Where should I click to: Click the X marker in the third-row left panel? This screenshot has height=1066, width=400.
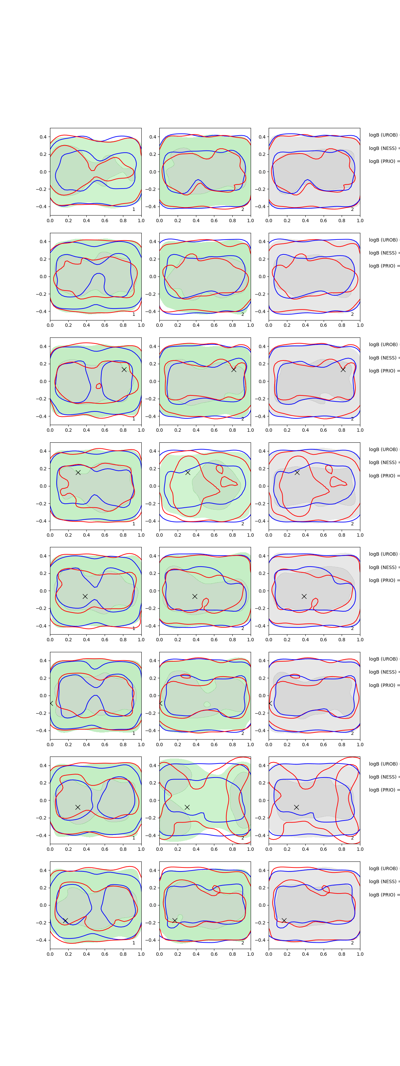click(x=124, y=369)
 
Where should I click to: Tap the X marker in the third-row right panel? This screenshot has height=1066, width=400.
click(x=343, y=369)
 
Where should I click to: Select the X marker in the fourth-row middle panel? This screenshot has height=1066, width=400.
click(x=188, y=473)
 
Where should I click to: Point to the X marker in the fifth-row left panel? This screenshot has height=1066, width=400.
click(x=85, y=596)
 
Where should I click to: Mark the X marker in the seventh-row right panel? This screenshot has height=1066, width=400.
click(x=296, y=807)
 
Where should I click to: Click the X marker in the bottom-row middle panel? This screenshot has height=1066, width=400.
click(x=175, y=920)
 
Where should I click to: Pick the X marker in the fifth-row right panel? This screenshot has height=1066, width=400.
click(x=304, y=596)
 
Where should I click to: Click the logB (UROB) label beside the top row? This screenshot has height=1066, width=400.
click(x=383, y=135)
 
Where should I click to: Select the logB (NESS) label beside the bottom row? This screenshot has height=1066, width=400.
click(x=383, y=881)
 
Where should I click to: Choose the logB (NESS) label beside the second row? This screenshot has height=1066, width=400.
click(x=383, y=253)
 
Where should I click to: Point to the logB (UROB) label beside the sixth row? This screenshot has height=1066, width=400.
click(x=383, y=659)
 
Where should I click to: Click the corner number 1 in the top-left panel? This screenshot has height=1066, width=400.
click(x=134, y=210)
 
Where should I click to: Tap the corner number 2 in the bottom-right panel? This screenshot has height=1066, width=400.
click(x=352, y=943)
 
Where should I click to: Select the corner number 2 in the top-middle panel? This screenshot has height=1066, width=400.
click(x=243, y=210)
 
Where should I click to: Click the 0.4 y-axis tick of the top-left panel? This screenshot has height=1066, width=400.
click(x=43, y=137)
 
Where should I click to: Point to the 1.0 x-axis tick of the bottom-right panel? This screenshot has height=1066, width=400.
click(x=360, y=954)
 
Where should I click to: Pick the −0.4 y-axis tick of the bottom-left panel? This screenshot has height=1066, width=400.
click(x=42, y=940)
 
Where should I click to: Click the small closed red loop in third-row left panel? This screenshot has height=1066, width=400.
click(x=99, y=386)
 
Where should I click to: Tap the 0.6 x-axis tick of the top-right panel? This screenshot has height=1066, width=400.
click(x=323, y=221)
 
